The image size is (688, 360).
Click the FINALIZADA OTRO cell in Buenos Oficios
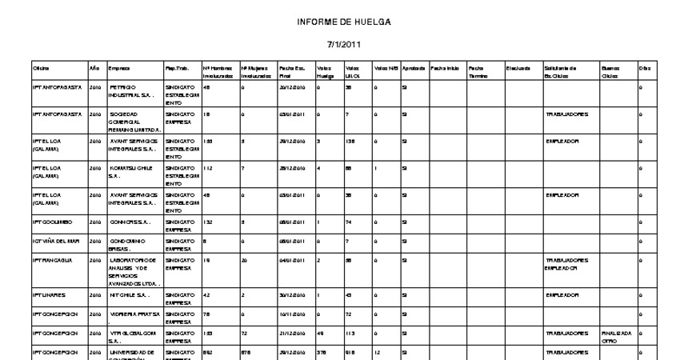pyautogui.click(x=616, y=336)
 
